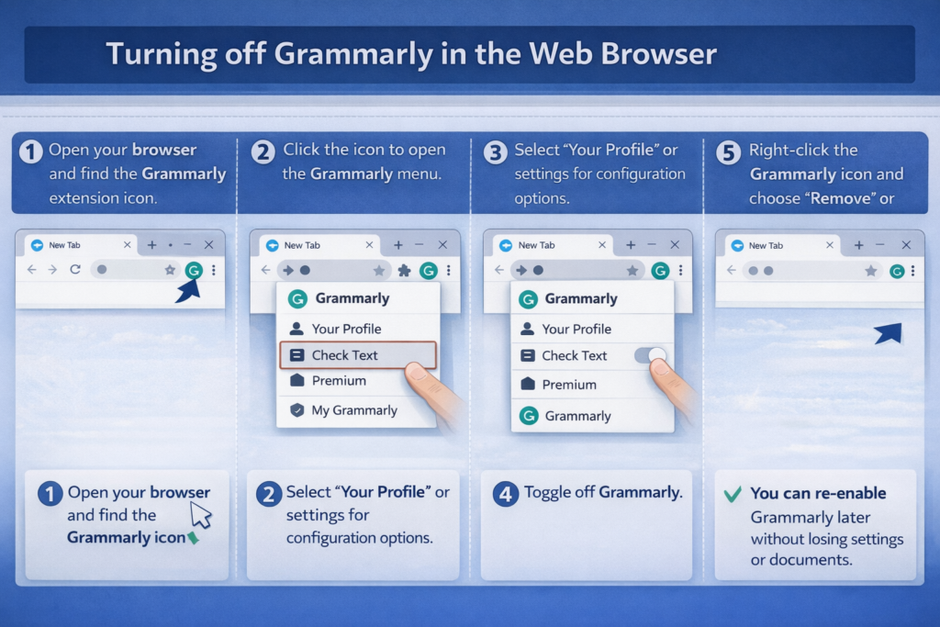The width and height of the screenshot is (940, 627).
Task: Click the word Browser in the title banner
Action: click(658, 53)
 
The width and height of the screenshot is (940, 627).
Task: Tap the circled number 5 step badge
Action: click(728, 152)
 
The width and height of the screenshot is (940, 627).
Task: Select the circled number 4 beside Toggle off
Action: click(506, 494)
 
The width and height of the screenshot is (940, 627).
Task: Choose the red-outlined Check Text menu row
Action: click(358, 355)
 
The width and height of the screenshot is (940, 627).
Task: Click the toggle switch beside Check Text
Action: click(650, 355)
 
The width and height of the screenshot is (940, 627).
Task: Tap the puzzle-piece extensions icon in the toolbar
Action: click(405, 270)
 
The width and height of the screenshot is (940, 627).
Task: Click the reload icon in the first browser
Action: click(75, 269)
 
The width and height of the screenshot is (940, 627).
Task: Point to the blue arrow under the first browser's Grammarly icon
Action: click(188, 290)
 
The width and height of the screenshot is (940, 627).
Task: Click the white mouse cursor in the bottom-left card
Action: click(201, 515)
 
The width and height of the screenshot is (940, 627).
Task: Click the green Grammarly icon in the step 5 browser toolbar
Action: click(897, 272)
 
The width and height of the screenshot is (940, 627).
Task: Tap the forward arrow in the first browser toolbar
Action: click(52, 270)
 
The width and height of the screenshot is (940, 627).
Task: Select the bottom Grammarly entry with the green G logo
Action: click(565, 416)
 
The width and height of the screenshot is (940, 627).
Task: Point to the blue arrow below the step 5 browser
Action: click(889, 333)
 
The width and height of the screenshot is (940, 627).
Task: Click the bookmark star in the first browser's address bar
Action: click(170, 270)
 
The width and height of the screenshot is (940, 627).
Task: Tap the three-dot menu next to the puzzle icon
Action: click(448, 270)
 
